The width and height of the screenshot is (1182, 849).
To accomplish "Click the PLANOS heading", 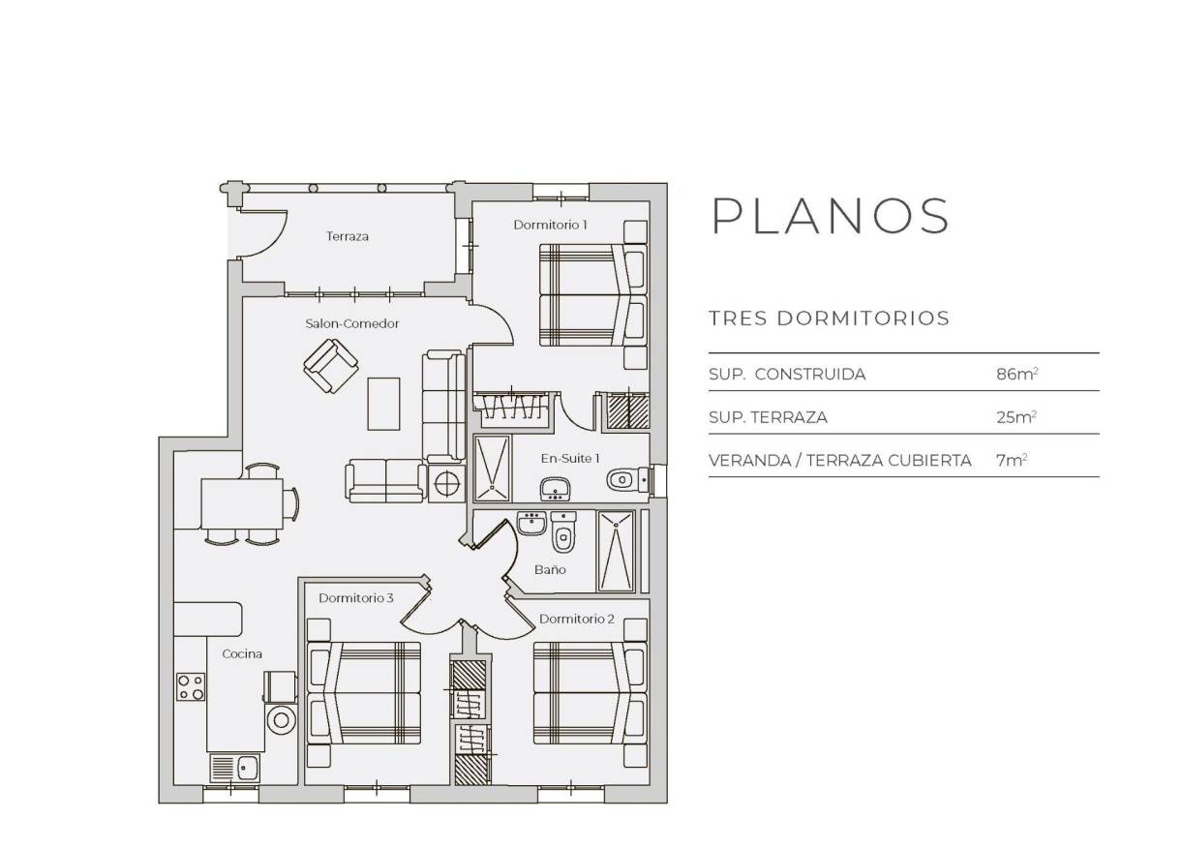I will [831, 216].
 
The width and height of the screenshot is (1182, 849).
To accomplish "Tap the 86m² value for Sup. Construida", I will [1016, 374].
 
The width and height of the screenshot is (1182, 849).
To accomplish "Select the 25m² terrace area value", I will [1016, 417].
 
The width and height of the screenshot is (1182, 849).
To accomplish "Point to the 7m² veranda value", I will [1012, 461].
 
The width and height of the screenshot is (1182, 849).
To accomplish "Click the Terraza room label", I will [348, 236].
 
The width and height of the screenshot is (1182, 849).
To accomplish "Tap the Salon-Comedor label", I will [352, 323].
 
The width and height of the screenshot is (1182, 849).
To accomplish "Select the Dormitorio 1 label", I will [551, 225].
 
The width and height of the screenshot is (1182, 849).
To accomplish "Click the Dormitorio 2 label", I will [577, 619].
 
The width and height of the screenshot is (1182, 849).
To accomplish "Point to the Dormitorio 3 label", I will [355, 598].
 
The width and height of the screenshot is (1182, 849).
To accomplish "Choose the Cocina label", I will [242, 653].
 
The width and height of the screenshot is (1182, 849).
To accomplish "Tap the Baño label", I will [550, 569].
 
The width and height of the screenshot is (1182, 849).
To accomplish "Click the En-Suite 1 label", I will [570, 457].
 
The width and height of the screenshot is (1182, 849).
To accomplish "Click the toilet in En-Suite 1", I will [622, 478].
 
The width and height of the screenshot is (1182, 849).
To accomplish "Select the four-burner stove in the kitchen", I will [191, 686].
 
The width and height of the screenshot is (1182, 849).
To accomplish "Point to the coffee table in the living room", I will [383, 403].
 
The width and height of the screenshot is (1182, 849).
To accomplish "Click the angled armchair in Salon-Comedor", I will [331, 366].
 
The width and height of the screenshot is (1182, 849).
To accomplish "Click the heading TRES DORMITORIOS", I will [829, 318].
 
